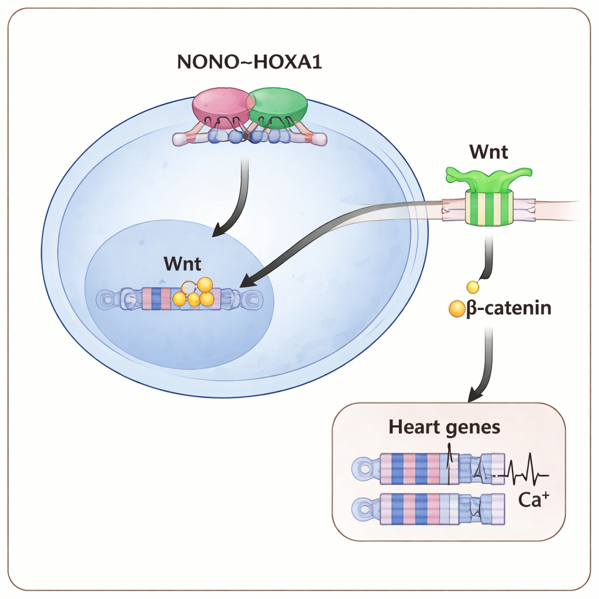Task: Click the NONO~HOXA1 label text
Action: coord(250,62)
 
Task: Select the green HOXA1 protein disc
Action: coord(279,106)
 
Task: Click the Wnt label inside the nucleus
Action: coord(183,264)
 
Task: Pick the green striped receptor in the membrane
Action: coord(489,207)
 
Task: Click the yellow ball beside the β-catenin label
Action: coord(456,309)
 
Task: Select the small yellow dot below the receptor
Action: coord(471,287)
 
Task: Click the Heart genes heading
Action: coord(445,427)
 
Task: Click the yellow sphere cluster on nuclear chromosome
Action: coord(196,294)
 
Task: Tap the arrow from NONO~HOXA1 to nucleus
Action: coord(237,199)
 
